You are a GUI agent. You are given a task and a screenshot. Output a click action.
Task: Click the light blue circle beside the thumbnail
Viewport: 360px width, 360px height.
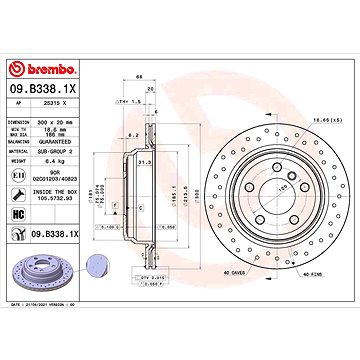click(95, 263)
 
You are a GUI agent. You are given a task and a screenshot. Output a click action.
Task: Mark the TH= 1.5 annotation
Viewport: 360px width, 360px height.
click(131, 101)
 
